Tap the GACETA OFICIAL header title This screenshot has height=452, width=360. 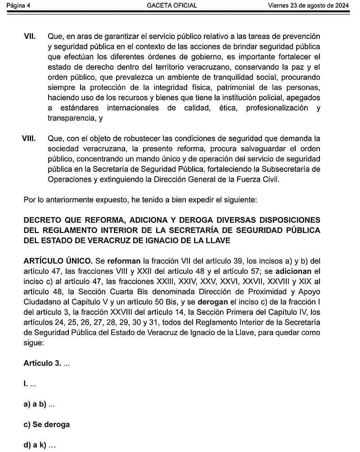(172, 5)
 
